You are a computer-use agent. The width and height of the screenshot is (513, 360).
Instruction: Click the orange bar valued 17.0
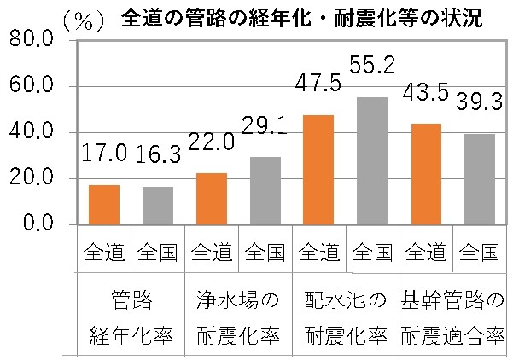(105, 205)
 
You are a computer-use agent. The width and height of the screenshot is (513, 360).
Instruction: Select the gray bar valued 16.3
(158, 206)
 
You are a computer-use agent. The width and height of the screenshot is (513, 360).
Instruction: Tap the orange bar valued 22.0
(212, 199)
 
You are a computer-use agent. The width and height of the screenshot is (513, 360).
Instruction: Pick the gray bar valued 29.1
(265, 191)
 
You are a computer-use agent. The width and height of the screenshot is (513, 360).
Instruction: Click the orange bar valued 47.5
(319, 170)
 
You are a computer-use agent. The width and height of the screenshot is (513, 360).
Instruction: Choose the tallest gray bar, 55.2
(373, 161)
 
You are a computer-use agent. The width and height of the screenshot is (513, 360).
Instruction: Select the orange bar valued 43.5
(427, 174)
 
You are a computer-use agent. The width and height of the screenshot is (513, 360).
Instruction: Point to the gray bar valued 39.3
(480, 179)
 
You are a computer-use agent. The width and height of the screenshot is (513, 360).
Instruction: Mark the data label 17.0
(104, 154)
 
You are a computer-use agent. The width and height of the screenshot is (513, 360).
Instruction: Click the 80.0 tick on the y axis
(30, 40)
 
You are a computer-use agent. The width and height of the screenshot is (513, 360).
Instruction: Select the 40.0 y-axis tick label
(30, 132)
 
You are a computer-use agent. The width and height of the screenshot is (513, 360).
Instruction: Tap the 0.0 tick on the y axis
(36, 224)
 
